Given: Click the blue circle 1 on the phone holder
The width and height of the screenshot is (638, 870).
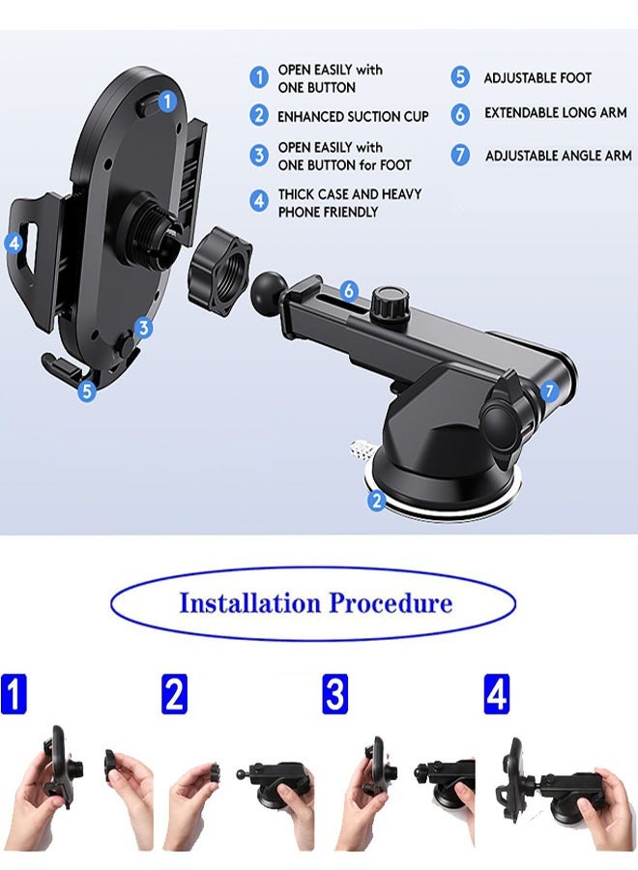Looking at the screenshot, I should [167, 100].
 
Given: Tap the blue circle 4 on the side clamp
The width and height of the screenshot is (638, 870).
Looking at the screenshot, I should [14, 244].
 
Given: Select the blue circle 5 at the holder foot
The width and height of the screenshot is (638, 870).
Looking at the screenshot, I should [87, 391].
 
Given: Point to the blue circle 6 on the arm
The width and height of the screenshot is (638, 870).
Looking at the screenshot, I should [349, 290].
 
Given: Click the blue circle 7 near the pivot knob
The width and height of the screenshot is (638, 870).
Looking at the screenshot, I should [548, 391].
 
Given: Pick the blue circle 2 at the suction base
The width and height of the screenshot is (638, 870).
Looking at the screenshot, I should [377, 500].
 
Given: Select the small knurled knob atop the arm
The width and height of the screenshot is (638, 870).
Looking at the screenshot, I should [389, 302].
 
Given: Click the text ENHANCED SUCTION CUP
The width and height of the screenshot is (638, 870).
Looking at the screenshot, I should [353, 116].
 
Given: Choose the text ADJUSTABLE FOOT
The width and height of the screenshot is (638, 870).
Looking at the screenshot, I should [537, 77].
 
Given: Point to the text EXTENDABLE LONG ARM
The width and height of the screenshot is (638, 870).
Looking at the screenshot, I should [555, 113].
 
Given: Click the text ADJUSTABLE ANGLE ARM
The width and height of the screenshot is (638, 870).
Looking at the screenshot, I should [558, 155].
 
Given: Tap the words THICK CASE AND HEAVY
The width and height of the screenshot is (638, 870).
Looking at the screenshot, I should [350, 194].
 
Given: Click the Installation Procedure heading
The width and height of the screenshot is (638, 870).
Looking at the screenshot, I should [315, 604].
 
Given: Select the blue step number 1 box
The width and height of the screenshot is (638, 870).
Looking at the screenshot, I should [14, 695].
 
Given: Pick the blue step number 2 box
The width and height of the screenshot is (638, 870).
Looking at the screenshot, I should [174, 695].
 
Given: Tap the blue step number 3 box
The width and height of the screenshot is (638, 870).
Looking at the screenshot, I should [334, 695].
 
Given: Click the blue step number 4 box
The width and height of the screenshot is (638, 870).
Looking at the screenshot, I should [496, 695].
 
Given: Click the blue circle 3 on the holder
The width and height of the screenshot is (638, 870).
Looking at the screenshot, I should [144, 328].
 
